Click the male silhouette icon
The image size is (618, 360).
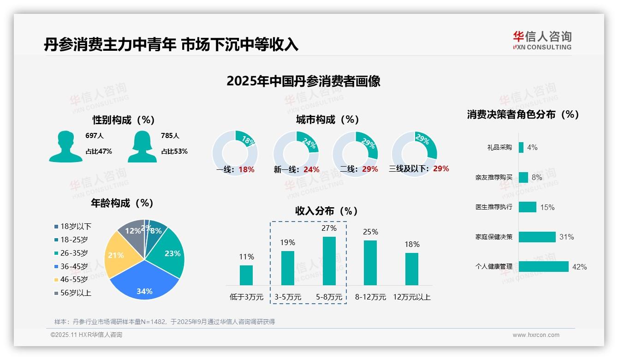65,146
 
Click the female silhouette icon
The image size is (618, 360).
142,146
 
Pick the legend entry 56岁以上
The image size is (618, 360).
72,293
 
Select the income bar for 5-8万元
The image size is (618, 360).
329,261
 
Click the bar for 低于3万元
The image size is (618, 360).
246,275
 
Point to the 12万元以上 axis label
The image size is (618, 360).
411,297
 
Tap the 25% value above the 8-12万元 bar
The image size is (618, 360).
370,232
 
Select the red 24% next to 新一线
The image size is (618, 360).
311,169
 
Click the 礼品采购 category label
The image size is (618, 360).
499,147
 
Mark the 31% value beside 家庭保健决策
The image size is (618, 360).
566,237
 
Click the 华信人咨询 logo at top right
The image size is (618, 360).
542,40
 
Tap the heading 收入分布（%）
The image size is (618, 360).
327,211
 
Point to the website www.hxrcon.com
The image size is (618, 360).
536,335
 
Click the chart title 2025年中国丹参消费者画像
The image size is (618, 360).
303,81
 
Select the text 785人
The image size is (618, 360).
170,136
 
